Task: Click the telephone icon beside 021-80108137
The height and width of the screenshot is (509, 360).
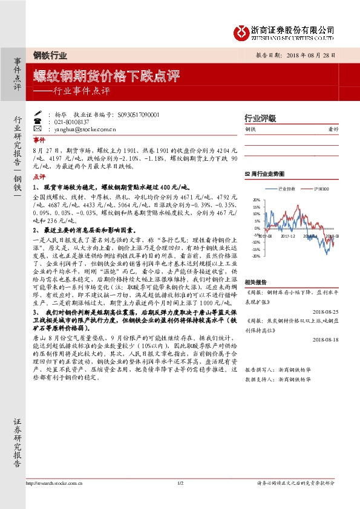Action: pos(38,122)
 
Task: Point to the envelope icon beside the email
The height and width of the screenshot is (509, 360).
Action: pos(38,129)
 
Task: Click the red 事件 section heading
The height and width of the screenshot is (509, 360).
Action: pos(39,138)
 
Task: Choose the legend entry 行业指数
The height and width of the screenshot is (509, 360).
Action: pos(285,189)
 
